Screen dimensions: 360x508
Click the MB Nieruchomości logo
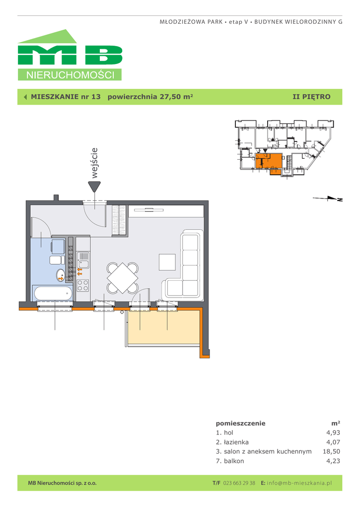point(70,55)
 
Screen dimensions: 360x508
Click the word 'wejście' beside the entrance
point(94,163)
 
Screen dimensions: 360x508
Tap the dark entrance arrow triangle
point(94,187)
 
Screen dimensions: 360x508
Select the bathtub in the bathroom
point(53,294)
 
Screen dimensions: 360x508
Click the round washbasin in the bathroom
point(61,275)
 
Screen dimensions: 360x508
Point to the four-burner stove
point(83,285)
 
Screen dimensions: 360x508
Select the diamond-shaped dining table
point(123,278)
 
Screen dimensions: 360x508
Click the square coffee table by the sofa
point(167,262)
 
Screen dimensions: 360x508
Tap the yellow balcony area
point(164,327)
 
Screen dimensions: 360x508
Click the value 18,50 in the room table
point(331,451)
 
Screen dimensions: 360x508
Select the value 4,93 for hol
point(333,433)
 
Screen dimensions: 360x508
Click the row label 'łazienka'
point(236,442)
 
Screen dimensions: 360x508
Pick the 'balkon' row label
point(234,461)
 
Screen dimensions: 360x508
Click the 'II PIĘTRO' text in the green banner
point(311,97)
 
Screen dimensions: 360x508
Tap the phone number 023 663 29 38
point(239,483)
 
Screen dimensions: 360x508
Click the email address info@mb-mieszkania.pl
point(299,483)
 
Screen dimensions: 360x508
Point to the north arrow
point(328,198)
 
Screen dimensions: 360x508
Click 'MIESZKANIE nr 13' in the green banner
point(66,97)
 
